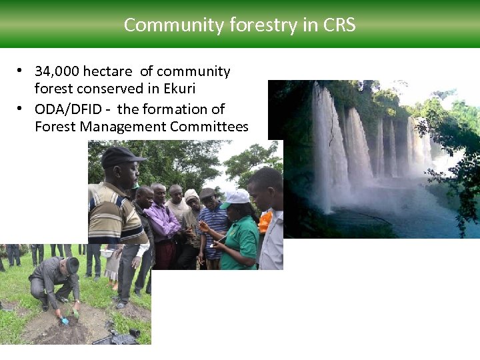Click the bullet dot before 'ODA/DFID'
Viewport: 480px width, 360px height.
coord(21,109)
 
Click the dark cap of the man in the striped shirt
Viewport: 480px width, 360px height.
coord(122,156)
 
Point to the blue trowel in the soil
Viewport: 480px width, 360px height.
coord(65,320)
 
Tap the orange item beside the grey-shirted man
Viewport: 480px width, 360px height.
coord(265,221)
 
